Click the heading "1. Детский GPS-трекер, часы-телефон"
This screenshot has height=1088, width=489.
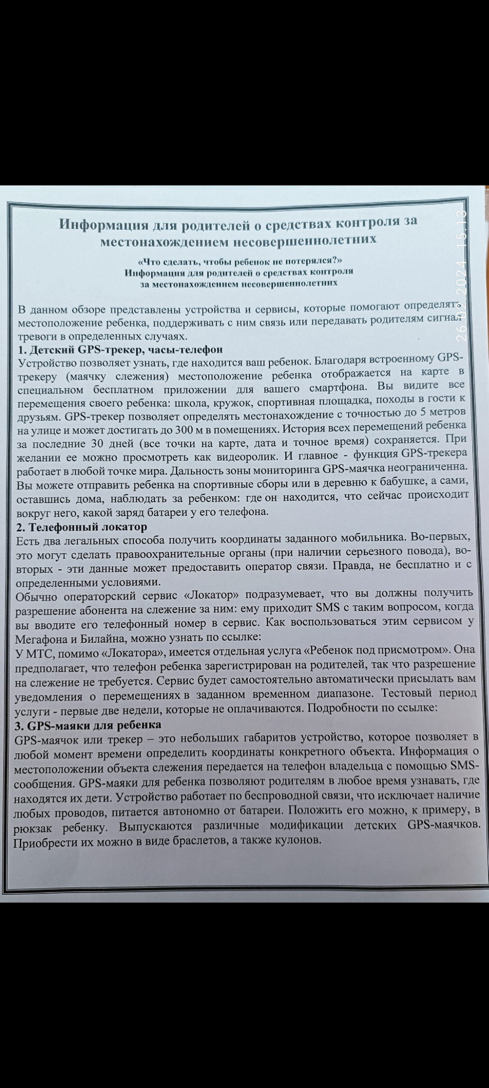point(120,350)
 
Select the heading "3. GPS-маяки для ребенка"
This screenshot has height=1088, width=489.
point(88,726)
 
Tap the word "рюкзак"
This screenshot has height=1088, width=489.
point(32,829)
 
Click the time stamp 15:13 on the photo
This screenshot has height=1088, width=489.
point(462,229)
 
